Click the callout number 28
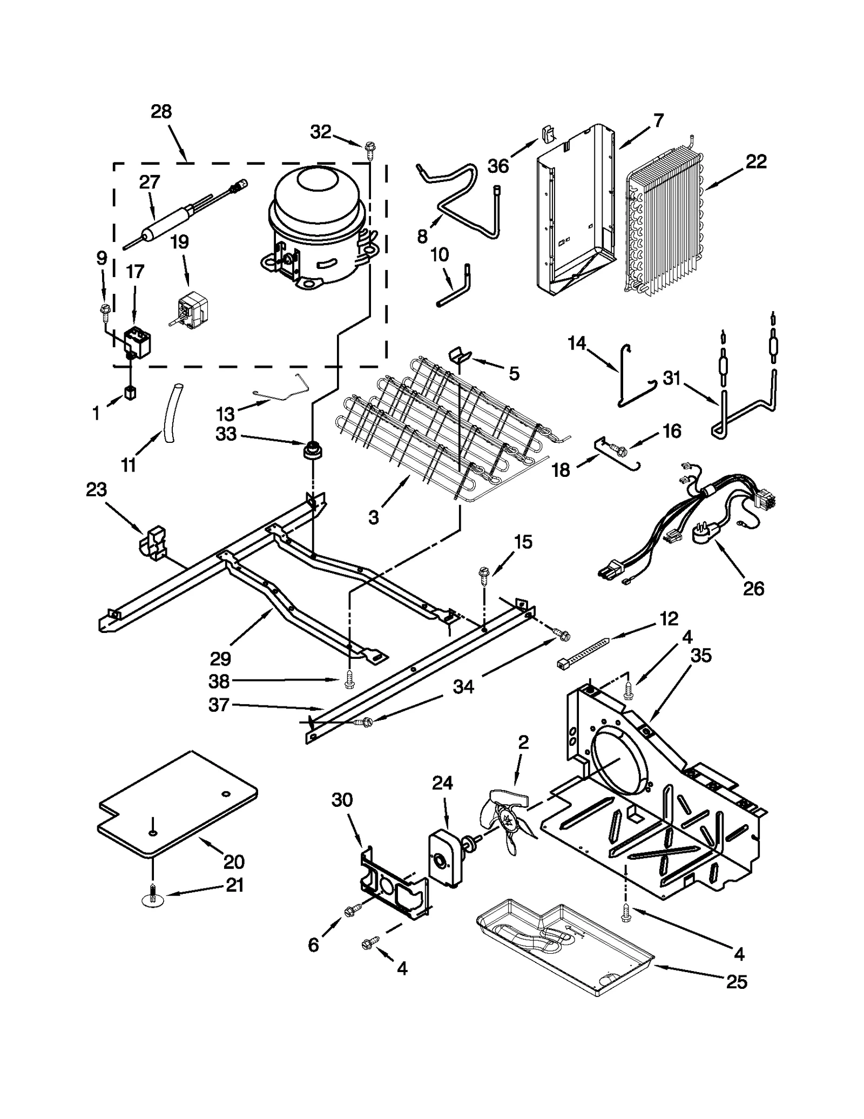pos(161,112)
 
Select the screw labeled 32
pos(370,147)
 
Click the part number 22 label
pos(755,161)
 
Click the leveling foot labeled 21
pos(153,899)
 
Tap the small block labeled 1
pos(130,393)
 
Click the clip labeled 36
pos(548,135)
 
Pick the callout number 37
pos(219,705)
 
